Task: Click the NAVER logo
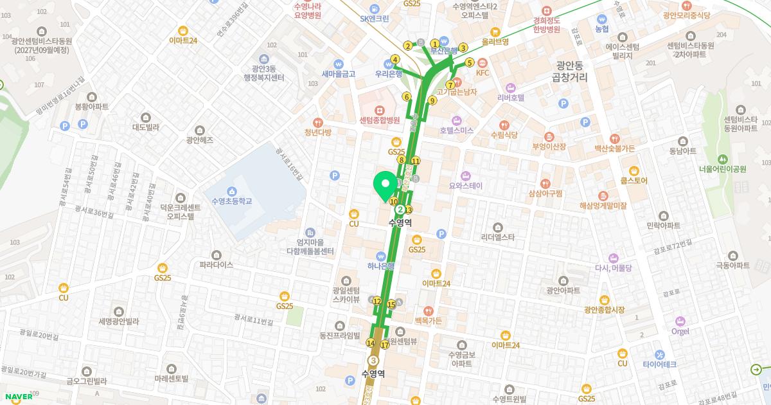click(17, 396)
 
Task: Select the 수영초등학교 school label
click(231, 201)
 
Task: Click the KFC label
click(483, 73)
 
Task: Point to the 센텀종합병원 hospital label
click(379, 120)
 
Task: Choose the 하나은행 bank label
click(381, 265)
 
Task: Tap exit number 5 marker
click(470, 63)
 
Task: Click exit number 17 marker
click(385, 345)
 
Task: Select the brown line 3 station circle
click(373, 361)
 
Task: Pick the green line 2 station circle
click(400, 210)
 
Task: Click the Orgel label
click(680, 331)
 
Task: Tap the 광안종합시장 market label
click(604, 309)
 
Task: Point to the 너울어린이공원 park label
click(723, 169)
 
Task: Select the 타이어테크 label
click(660, 364)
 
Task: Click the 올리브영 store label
click(495, 41)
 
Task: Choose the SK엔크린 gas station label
click(375, 19)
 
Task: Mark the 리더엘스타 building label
click(498, 237)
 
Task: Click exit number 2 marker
click(407, 46)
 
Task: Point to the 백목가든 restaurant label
click(428, 320)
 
